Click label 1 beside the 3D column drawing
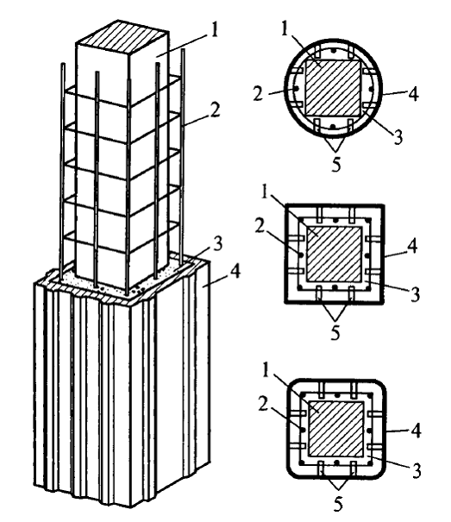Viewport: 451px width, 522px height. pyautogui.click(x=214, y=29)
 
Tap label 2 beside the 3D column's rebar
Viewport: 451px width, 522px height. pyautogui.click(x=215, y=110)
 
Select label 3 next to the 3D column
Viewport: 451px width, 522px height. pyautogui.click(x=217, y=244)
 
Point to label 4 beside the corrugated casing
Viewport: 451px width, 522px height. pyautogui.click(x=235, y=271)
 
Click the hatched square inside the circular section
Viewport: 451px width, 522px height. pyautogui.click(x=333, y=88)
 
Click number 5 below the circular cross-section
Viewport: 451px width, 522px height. pyautogui.click(x=336, y=164)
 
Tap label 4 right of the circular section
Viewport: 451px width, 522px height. pyautogui.click(x=413, y=94)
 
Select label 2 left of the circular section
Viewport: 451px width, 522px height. pyautogui.click(x=258, y=94)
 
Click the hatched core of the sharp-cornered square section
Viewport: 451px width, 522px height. pyautogui.click(x=334, y=254)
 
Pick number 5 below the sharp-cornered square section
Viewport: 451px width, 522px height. pyautogui.click(x=335, y=332)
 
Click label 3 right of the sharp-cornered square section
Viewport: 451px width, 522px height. pyautogui.click(x=415, y=294)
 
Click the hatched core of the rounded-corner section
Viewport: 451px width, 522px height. pyautogui.click(x=336, y=429)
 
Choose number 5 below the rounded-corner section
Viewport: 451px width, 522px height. pyautogui.click(x=338, y=505)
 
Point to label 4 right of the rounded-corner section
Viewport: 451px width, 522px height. pyautogui.click(x=416, y=431)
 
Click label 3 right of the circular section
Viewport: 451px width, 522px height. pyautogui.click(x=398, y=137)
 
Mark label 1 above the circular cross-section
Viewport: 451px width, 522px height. pyautogui.click(x=284, y=28)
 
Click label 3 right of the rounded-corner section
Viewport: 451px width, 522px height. pyautogui.click(x=417, y=471)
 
